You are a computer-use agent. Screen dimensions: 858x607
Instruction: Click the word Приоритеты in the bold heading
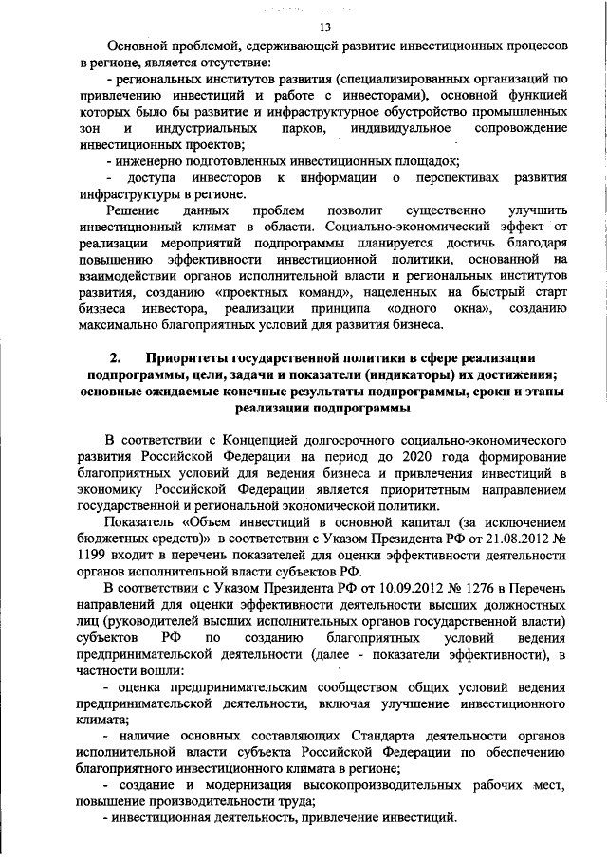[191, 357]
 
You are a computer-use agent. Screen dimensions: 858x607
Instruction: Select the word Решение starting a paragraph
[132, 210]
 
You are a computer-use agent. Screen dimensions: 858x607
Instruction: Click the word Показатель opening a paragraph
[139, 522]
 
